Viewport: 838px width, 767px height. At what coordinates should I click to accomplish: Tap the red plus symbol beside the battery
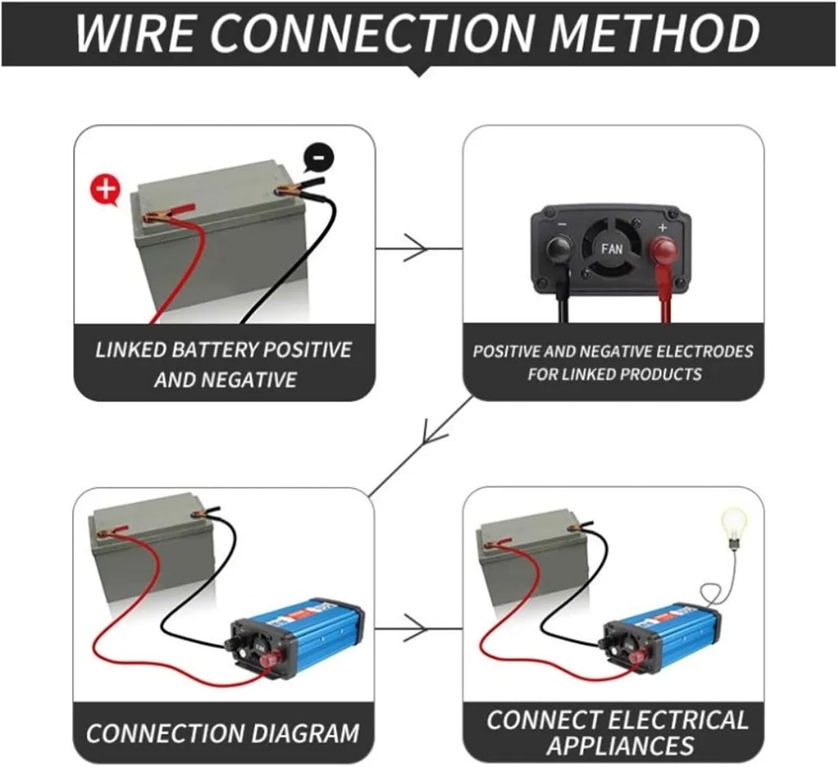click(x=105, y=189)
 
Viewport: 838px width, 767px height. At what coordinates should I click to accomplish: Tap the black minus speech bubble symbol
click(x=318, y=158)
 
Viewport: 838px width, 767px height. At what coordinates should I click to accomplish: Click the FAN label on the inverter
click(x=612, y=248)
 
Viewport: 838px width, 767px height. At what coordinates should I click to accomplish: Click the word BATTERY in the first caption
click(x=215, y=350)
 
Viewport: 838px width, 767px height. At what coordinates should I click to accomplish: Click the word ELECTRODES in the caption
click(x=704, y=351)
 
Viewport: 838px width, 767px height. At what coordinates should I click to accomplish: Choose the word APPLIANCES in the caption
click(x=620, y=746)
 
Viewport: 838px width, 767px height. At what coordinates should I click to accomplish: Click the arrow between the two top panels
click(x=416, y=248)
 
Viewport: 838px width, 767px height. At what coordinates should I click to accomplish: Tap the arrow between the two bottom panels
click(x=416, y=629)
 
